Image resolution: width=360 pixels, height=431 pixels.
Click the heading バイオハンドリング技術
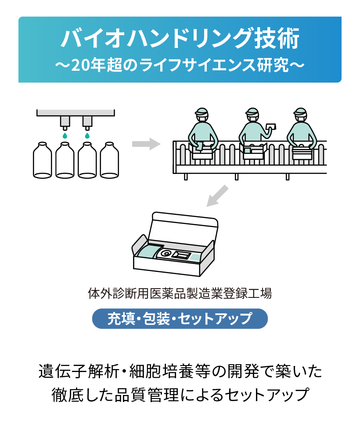point(180,39)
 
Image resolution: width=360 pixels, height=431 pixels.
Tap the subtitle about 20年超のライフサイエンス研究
point(180,65)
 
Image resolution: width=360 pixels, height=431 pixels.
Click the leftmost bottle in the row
point(43,160)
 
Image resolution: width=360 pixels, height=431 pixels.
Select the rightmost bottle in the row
point(110,160)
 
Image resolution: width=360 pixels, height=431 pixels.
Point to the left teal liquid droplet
point(65,136)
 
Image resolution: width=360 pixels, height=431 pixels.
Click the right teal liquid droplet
point(87,136)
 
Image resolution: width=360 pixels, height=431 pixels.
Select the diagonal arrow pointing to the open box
point(218,195)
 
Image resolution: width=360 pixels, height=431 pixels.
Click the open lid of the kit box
point(184,227)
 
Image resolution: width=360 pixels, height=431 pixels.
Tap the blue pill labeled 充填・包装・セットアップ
point(180,319)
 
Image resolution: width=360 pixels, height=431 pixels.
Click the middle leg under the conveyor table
point(237,176)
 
